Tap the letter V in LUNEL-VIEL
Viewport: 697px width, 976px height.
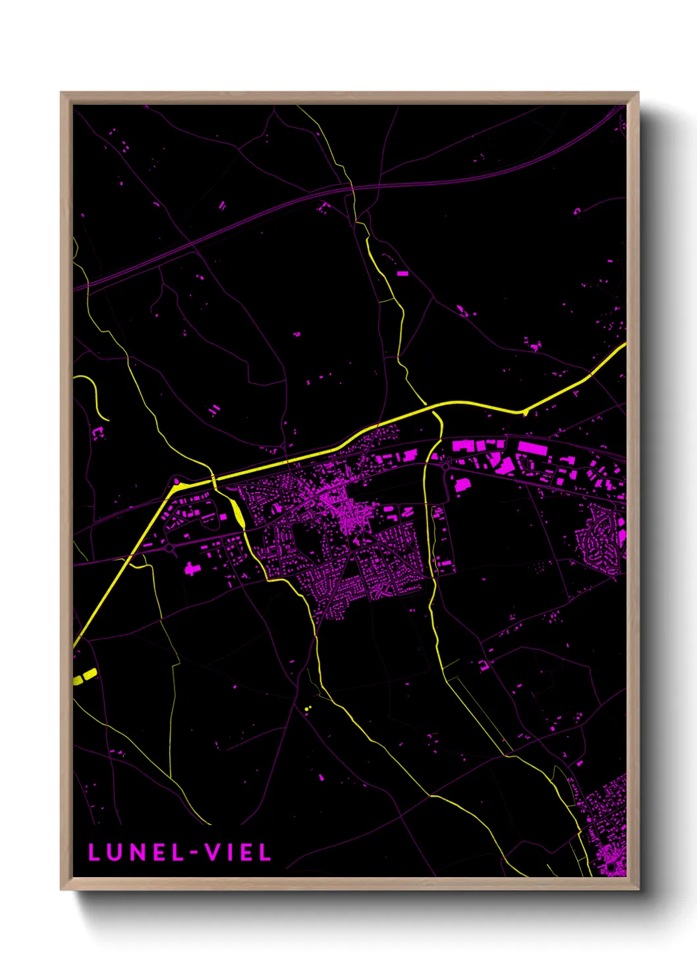coord(212,853)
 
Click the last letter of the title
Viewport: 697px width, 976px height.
coord(265,853)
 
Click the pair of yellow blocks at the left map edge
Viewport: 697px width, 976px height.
coord(85,677)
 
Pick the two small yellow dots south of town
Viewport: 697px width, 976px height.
coord(308,708)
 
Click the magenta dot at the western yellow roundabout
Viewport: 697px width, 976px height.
coord(177,482)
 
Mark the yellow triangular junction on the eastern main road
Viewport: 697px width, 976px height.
coord(524,412)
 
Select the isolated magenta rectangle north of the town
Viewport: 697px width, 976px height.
coord(403,273)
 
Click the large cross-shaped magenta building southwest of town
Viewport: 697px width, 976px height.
coord(192,568)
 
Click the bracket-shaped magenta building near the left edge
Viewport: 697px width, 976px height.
coord(98,433)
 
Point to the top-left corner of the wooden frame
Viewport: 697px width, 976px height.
coord(61,93)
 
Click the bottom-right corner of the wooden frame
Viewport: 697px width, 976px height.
coord(638,889)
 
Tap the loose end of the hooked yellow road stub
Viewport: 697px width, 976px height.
coord(107,419)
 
